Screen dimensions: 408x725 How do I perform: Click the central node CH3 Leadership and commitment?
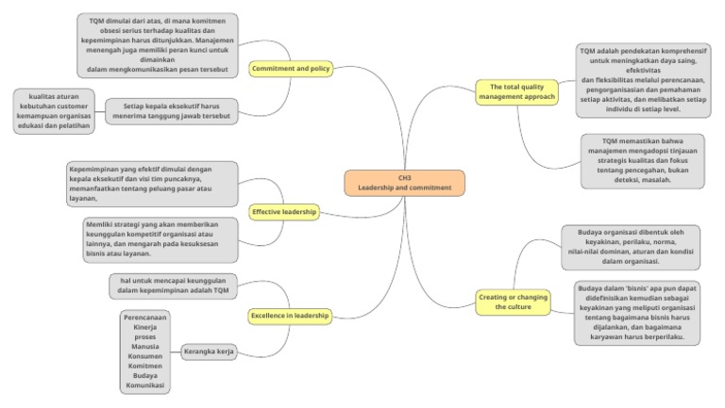coord(404,182)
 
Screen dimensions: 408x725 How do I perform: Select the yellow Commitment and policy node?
coord(291,69)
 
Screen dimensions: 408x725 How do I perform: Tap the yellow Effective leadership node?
coord(284,212)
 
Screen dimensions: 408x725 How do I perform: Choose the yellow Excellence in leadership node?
coord(290,315)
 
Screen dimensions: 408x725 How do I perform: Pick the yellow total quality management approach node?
coord(516,91)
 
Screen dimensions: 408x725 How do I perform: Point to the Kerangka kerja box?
coord(209,351)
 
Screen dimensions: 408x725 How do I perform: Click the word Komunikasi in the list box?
coord(145,385)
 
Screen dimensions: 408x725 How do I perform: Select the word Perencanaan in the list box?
coord(145,317)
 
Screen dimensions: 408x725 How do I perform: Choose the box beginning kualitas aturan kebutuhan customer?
coord(53,110)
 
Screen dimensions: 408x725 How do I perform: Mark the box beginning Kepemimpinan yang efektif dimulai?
coord(152,184)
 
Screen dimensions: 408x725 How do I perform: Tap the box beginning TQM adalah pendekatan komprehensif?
coord(640,80)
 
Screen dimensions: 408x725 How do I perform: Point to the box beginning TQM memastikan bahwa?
coord(642,160)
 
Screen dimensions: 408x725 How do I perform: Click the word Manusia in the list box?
coord(145,346)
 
